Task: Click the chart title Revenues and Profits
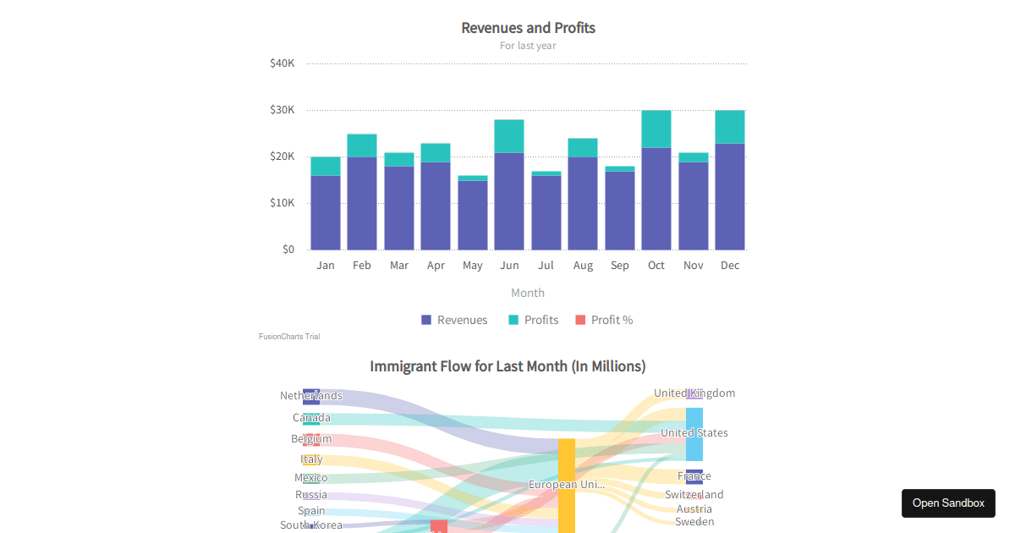(x=528, y=28)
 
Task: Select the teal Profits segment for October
(x=656, y=129)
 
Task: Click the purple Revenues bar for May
(x=472, y=215)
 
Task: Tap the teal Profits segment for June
(x=509, y=136)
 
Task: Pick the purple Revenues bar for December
(x=730, y=196)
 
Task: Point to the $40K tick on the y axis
(x=282, y=63)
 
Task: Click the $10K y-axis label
(x=282, y=203)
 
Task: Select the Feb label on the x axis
(x=362, y=266)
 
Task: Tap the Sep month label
(x=619, y=266)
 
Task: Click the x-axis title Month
(x=528, y=293)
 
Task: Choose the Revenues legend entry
(x=454, y=320)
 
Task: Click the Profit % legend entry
(x=604, y=320)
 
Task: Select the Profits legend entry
(x=534, y=320)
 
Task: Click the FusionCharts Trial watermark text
(x=289, y=337)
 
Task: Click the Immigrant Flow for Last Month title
(x=507, y=366)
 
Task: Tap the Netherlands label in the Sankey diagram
(x=311, y=396)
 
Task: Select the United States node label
(x=694, y=433)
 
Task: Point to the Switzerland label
(x=694, y=495)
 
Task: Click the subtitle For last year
(x=528, y=46)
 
